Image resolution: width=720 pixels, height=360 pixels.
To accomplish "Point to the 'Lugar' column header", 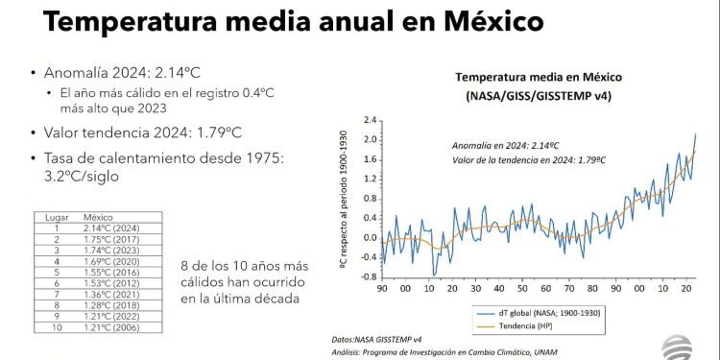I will pyautogui.click(x=58, y=217).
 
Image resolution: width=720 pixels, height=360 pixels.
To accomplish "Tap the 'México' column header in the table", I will pyautogui.click(x=99, y=217).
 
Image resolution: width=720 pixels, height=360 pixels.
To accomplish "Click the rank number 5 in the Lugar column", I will pyautogui.click(x=57, y=272).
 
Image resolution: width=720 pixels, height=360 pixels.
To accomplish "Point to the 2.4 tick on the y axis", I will pyautogui.click(x=370, y=120).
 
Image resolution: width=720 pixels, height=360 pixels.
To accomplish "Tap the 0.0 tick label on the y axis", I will pyautogui.click(x=370, y=237).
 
